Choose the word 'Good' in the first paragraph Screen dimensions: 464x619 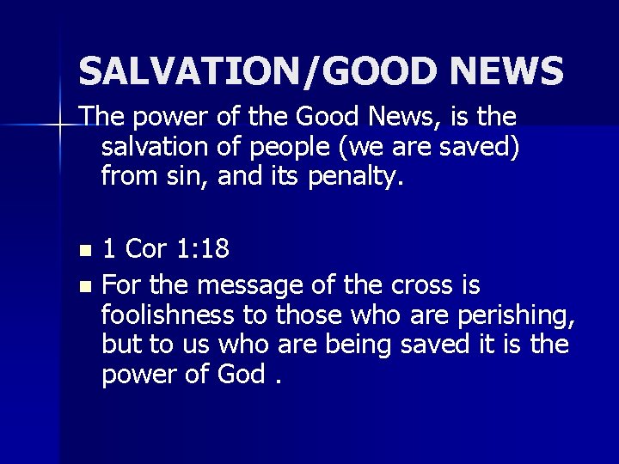coord(320,117)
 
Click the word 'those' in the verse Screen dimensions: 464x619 coord(310,314)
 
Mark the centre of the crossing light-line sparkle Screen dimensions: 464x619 coord(58,126)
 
